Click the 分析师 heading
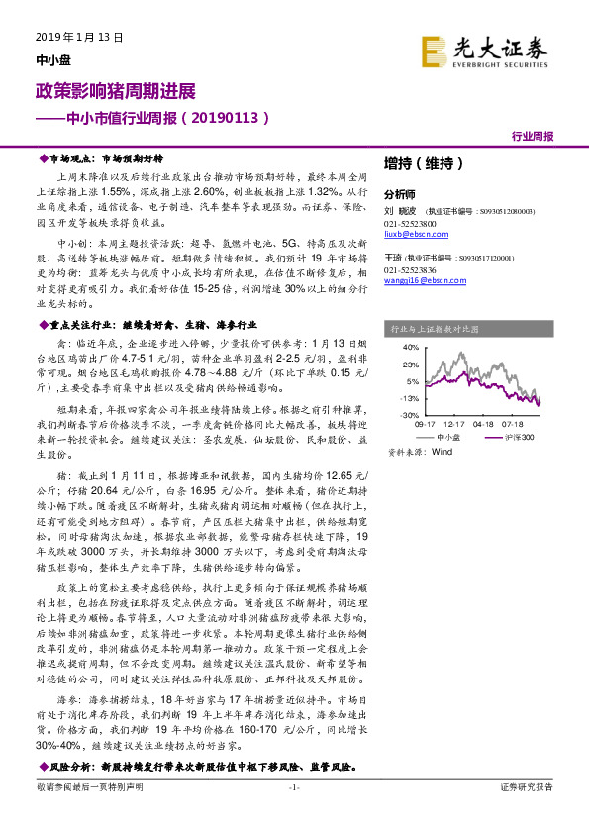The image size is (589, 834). (x=399, y=194)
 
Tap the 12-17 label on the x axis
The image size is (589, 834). (x=454, y=423)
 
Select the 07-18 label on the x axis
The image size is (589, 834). (x=540, y=423)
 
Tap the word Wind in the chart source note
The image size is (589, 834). (x=441, y=450)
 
